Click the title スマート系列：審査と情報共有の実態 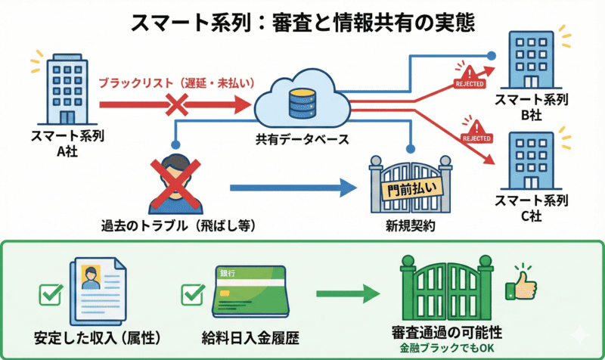click(302, 21)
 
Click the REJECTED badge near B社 click(470, 79)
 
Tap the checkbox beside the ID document click(50, 296)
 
